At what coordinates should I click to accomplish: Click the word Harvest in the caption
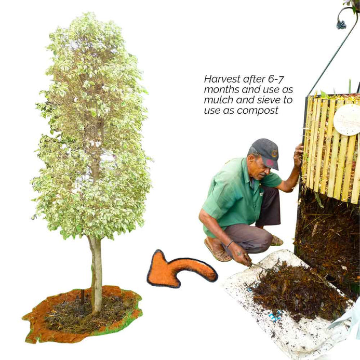[x=222, y=79]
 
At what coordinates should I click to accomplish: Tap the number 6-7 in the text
[x=276, y=79]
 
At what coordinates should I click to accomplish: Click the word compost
[x=258, y=111]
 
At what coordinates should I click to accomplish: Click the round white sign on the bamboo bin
[x=347, y=119]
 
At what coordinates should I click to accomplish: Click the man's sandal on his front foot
[x=217, y=251]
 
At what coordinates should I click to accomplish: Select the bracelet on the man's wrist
[x=230, y=244]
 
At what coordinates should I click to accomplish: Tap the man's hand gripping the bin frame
[x=298, y=154]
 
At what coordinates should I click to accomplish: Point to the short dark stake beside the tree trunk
[x=83, y=297]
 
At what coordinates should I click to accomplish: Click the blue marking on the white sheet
[x=275, y=316]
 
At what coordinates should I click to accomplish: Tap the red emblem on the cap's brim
[x=270, y=163]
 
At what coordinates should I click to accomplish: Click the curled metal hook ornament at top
[x=341, y=23]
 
